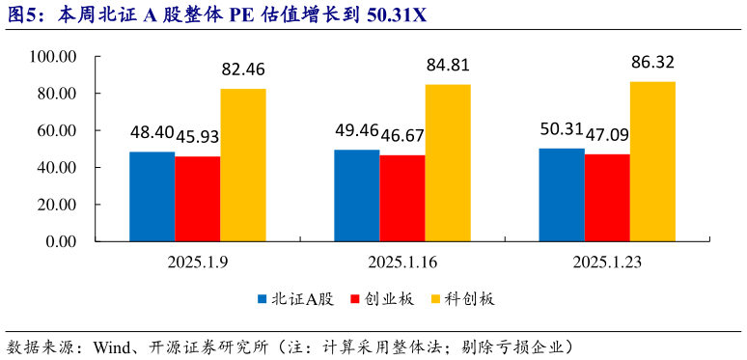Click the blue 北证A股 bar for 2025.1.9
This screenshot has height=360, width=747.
(152, 197)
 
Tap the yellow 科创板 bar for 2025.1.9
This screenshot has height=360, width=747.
(242, 165)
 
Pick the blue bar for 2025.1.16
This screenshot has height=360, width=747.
(356, 196)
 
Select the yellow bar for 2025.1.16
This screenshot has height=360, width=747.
(448, 163)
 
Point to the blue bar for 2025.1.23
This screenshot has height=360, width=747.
(561, 195)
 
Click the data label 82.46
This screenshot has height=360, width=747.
(243, 69)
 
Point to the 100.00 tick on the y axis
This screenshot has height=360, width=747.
(53, 57)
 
